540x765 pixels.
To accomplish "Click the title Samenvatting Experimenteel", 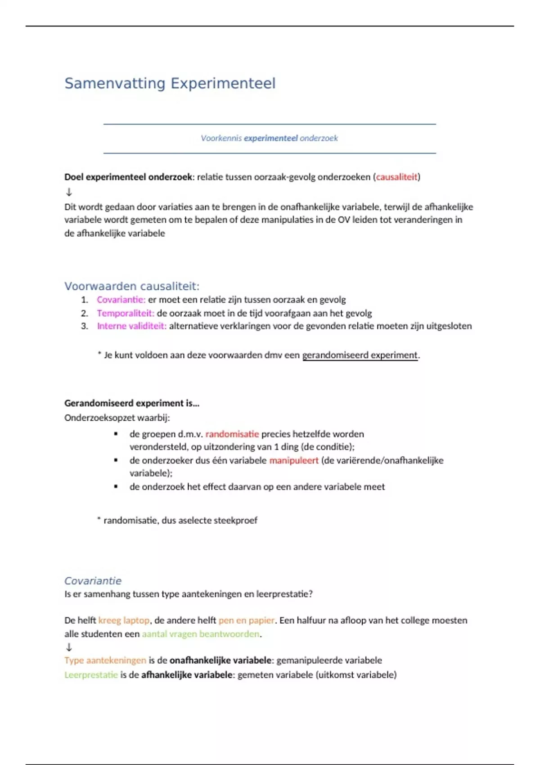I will tap(170, 84).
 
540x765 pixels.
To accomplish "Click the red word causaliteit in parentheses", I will tap(396, 177).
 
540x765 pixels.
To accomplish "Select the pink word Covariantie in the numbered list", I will tap(121, 300).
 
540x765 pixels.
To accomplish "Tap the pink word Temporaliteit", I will tap(125, 313).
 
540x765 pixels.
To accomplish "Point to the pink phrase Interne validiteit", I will tap(131, 326).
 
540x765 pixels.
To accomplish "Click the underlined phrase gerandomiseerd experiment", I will tap(360, 355).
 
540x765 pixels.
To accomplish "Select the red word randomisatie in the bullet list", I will tap(232, 434).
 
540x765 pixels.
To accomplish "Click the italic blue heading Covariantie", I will tap(93, 581).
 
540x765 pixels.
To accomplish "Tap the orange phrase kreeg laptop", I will tap(124, 621).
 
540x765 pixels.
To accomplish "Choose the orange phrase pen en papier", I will tap(246, 621).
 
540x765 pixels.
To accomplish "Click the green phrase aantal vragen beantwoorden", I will tap(200, 634).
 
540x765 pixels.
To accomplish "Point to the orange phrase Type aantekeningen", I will tap(105, 661).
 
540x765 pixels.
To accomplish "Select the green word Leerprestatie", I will tap(91, 675).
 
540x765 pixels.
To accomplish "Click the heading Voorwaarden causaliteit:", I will tap(131, 286).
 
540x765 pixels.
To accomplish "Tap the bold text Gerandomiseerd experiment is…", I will tap(131, 403).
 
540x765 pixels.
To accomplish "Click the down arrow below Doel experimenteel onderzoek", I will tap(69, 192).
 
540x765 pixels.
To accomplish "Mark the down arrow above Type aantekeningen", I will tap(69, 648).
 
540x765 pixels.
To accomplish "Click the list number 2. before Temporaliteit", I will tap(85, 313).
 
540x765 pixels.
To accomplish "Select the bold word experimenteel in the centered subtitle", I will tap(270, 139).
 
